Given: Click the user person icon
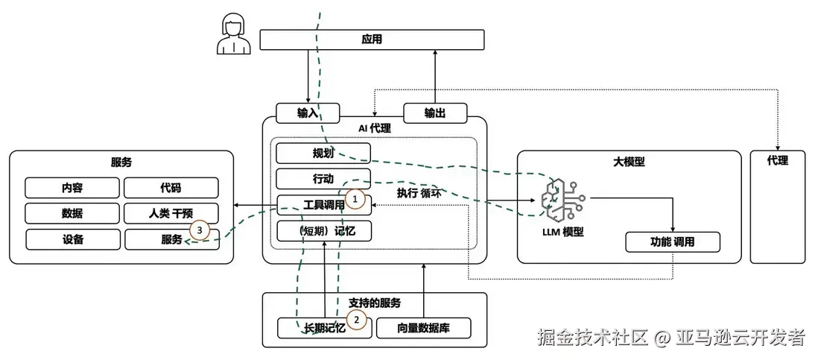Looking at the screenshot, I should (x=231, y=36).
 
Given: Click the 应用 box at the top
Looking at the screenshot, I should (x=371, y=40).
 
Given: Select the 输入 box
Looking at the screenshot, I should (x=308, y=113).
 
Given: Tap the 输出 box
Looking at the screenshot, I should (x=435, y=113).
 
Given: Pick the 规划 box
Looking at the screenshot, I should (x=323, y=154).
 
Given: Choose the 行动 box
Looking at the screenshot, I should (x=323, y=179).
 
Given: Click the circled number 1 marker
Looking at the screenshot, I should (x=356, y=200).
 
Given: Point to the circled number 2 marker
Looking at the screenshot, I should (x=357, y=320).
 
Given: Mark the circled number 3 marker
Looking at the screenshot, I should (x=199, y=230).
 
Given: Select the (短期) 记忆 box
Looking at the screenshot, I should (x=323, y=231).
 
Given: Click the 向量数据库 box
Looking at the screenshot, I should (x=423, y=328).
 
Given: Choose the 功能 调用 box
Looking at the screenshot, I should (x=673, y=242).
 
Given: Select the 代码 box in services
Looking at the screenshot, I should (x=171, y=188).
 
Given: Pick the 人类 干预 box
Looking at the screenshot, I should (x=171, y=213).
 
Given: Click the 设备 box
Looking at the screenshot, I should (x=73, y=239).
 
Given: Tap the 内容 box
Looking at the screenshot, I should (x=72, y=188).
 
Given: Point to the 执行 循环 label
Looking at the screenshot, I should (x=419, y=193).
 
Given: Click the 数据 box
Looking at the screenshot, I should (x=72, y=213).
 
